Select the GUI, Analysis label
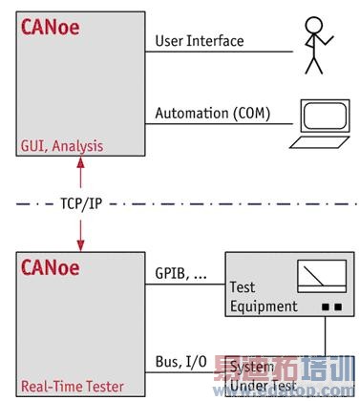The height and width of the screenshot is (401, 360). coord(61,146)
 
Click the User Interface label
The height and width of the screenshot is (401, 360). coord(200,41)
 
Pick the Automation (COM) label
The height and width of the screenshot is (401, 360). coord(213,114)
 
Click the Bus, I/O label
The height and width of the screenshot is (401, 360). coord(180,362)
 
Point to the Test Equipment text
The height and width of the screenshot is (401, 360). coord(263,296)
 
